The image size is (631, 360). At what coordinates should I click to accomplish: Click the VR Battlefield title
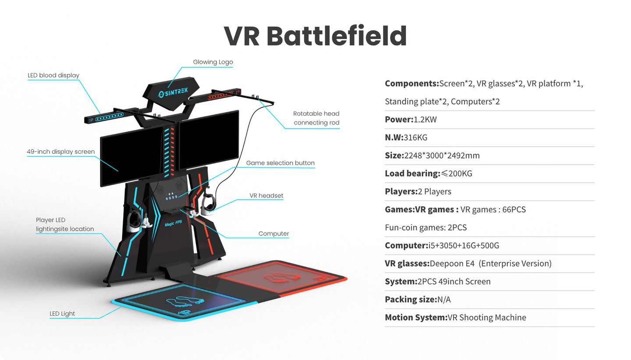pos(315,36)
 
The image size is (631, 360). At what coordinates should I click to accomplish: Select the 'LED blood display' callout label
pos(53,75)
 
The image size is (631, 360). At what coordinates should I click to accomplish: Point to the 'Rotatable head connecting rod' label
pos(316,118)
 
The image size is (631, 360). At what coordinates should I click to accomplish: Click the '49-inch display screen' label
pos(60,152)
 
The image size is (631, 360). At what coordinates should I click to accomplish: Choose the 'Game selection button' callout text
pos(280,163)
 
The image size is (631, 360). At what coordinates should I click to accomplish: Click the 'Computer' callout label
pos(273,234)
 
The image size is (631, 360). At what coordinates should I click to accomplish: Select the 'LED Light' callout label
pos(62,314)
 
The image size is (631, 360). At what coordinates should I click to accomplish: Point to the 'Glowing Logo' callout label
pos(213,62)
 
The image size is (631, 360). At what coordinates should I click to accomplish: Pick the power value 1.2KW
pos(425,120)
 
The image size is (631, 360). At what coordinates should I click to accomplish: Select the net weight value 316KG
pos(415,138)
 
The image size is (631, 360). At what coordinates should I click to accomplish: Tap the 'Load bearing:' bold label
pos(412,173)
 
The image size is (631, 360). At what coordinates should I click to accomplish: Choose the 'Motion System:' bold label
pos(415,318)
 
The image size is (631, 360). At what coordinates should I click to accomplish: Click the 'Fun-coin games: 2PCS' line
pos(425,228)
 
